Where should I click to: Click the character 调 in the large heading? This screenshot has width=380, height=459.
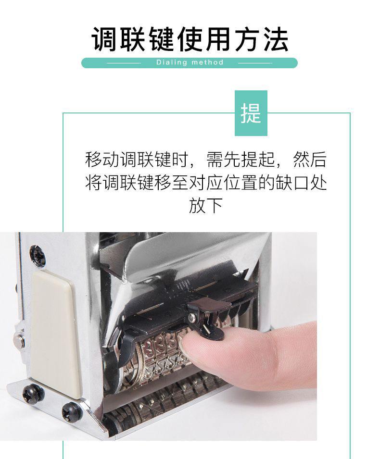[x=104, y=39]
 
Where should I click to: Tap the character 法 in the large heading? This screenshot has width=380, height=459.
[x=276, y=39]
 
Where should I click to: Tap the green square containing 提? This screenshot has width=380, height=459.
[x=251, y=113]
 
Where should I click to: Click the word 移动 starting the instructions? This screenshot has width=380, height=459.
[x=102, y=160]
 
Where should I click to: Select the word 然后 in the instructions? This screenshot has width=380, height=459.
[x=310, y=160]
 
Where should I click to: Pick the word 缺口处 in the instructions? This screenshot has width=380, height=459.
[x=301, y=183]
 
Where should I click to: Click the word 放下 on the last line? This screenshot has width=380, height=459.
[x=206, y=206]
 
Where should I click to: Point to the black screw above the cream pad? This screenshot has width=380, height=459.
[x=38, y=256]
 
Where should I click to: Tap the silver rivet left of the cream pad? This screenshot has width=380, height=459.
[x=19, y=339]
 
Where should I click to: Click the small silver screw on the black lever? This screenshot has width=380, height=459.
[x=192, y=317]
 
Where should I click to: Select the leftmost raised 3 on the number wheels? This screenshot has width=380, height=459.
[x=149, y=348]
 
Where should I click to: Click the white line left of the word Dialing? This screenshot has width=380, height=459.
[x=124, y=63]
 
